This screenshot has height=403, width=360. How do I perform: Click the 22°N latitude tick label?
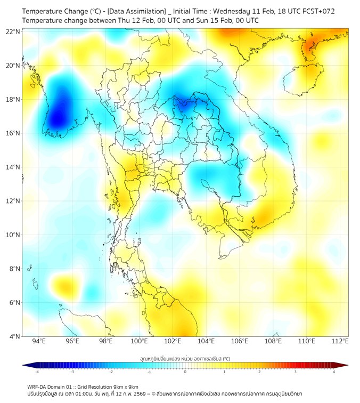click(x=13, y=31)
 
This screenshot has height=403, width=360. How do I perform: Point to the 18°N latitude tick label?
click(x=13, y=100)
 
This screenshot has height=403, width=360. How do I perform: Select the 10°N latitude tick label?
click(x=13, y=235)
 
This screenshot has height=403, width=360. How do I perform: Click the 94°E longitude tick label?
click(x=39, y=341)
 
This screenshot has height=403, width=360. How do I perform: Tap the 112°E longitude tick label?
click(x=340, y=341)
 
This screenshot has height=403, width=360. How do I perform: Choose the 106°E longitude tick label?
click(x=240, y=341)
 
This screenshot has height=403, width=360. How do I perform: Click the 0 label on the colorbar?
click(x=185, y=372)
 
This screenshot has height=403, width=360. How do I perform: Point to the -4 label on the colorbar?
click(x=36, y=372)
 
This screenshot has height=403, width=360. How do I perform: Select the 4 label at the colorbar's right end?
click(x=333, y=372)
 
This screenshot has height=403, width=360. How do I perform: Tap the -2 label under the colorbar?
click(x=110, y=372)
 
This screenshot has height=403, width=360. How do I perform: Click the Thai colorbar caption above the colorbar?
click(x=185, y=358)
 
